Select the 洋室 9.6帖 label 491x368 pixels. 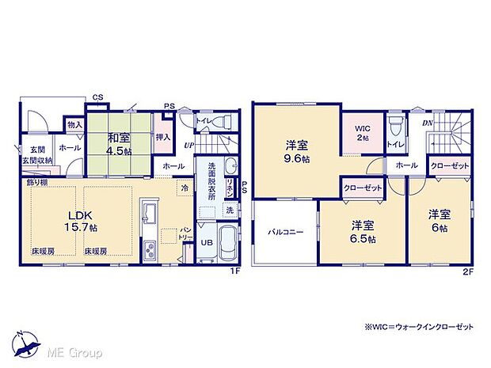pos(297,152)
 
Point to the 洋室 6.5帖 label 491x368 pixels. pos(363,231)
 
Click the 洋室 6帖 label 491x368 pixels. pos(438,219)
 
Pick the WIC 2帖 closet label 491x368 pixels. pos(361,131)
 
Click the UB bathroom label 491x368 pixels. pos(206,244)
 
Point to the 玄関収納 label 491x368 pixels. pos(42,160)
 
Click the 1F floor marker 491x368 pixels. pos(234,273)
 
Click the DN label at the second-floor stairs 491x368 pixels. pos(428,123)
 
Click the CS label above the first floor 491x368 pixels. pos(97,98)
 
